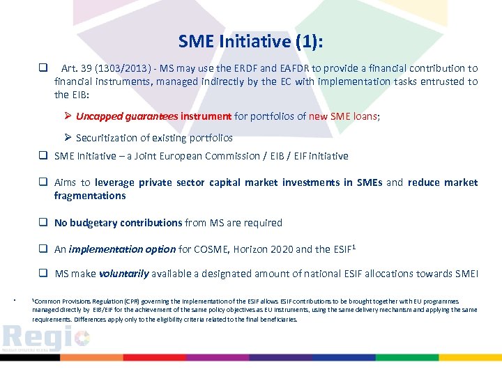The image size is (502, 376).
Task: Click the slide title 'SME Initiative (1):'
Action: click(250, 42)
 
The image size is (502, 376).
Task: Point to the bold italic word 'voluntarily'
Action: click(123, 274)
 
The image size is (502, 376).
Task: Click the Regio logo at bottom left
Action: click(45, 337)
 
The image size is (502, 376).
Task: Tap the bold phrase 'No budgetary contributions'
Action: click(118, 223)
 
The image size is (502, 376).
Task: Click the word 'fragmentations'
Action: click(90, 196)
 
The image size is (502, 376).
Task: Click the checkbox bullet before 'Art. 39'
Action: click(43, 68)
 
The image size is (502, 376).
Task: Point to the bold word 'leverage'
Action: click(115, 182)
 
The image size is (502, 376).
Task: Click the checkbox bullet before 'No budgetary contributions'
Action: click(43, 223)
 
